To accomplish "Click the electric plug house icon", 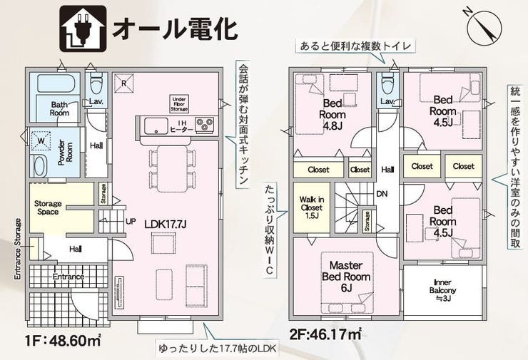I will click(x=81, y=27).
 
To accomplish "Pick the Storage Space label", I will click(x=49, y=207).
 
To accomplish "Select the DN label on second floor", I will click(x=382, y=193).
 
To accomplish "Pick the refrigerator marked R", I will click(x=124, y=82).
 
